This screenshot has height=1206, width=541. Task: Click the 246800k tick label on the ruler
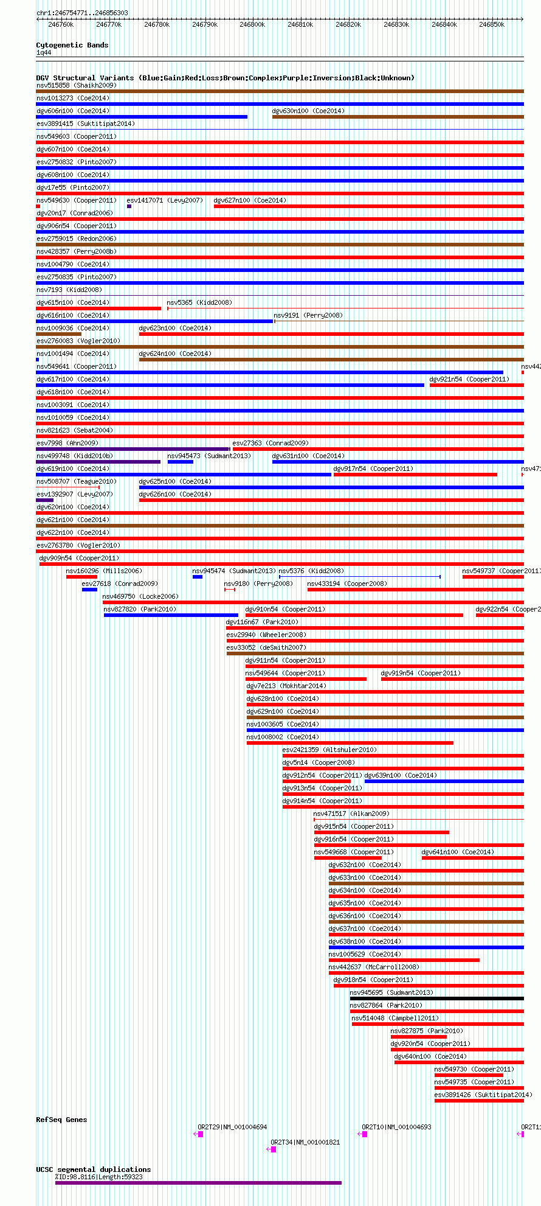pyautogui.click(x=252, y=25)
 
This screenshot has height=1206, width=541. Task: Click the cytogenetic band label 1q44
pyautogui.click(x=44, y=53)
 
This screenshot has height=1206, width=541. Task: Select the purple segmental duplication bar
pyautogui.click(x=198, y=1183)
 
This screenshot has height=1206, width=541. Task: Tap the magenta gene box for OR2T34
pyautogui.click(x=273, y=1149)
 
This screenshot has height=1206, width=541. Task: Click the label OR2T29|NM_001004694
pyautogui.click(x=232, y=1127)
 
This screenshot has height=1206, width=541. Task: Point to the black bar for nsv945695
pyautogui.click(x=436, y=999)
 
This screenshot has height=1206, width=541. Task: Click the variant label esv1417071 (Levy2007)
pyautogui.click(x=165, y=200)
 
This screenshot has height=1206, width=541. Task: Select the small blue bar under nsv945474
pyautogui.click(x=198, y=577)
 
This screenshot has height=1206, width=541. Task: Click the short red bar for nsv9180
pyautogui.click(x=230, y=590)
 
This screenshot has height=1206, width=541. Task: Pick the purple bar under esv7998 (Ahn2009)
pyautogui.click(x=133, y=449)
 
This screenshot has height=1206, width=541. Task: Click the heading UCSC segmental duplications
pyautogui.click(x=93, y=1169)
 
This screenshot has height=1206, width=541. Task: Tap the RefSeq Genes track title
pyautogui.click(x=61, y=1120)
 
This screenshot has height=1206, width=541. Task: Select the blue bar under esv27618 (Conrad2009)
pyautogui.click(x=89, y=590)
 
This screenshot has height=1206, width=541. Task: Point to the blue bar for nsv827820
pyautogui.click(x=171, y=615)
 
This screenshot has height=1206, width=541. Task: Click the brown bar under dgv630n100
pyautogui.click(x=398, y=117)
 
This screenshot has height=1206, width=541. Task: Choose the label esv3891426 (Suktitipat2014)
pyautogui.click(x=483, y=1095)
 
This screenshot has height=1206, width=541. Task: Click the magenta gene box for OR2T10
pyautogui.click(x=365, y=1134)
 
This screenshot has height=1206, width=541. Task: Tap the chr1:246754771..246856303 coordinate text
pyautogui.click(x=82, y=13)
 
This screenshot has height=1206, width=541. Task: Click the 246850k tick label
pyautogui.click(x=492, y=25)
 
